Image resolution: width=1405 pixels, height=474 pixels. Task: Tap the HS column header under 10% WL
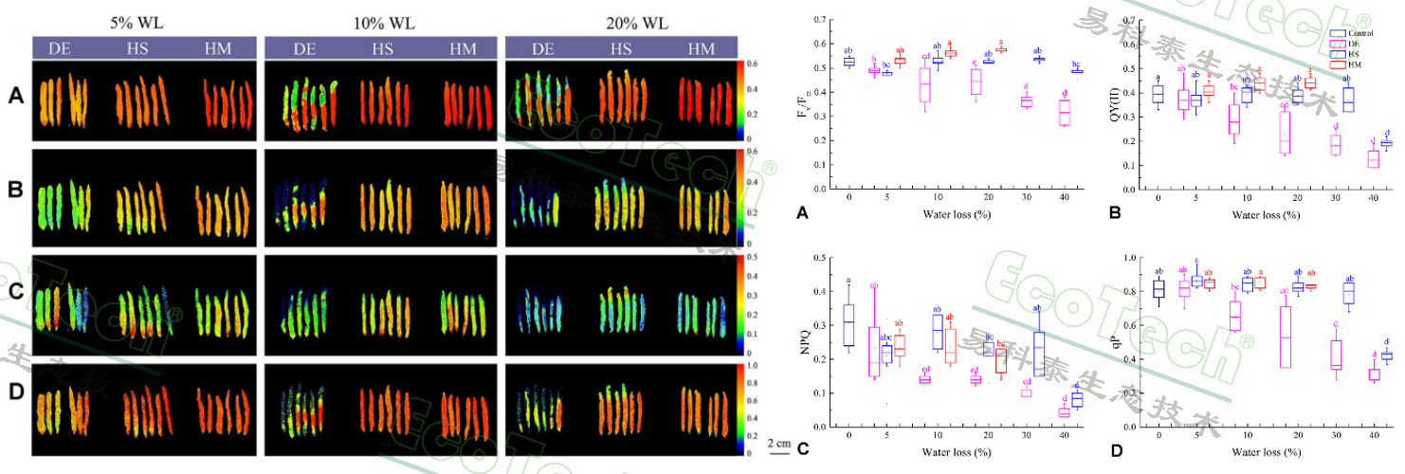click(x=382, y=49)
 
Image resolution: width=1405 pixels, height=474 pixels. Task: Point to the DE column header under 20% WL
click(x=545, y=49)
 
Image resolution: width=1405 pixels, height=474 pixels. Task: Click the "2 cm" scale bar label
click(x=778, y=443)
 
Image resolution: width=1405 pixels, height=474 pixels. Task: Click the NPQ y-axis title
click(x=804, y=341)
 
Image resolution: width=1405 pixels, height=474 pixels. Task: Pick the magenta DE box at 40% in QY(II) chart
click(x=1347, y=158)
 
